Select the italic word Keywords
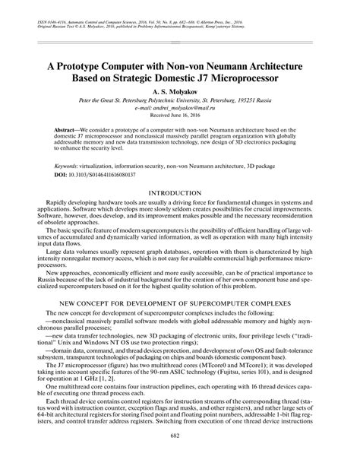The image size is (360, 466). click(x=69, y=165)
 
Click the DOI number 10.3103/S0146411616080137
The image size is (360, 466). click(x=101, y=174)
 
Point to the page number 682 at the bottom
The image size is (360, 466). click(x=180, y=455)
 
